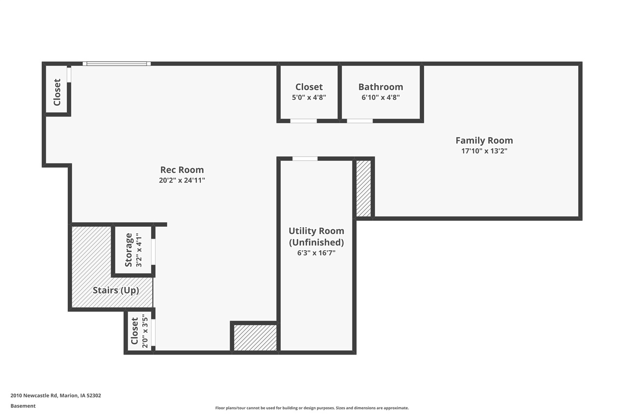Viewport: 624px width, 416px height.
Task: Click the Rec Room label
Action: (182, 170)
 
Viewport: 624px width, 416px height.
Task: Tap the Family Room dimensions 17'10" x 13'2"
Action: (484, 151)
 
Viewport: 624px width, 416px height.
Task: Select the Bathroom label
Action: (380, 87)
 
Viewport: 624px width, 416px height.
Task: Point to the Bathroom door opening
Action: (360, 120)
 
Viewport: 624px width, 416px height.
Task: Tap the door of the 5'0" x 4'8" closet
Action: (303, 120)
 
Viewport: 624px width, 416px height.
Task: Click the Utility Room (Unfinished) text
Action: (316, 237)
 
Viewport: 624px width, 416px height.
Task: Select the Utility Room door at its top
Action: (305, 158)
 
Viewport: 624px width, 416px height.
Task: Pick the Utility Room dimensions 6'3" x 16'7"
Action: (316, 253)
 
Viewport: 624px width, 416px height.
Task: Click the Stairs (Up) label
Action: (116, 290)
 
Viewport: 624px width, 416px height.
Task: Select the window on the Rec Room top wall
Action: (117, 63)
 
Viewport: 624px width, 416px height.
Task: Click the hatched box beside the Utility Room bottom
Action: (255, 337)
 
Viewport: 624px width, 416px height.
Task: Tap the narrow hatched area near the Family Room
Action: (363, 188)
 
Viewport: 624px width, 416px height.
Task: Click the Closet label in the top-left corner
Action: (57, 92)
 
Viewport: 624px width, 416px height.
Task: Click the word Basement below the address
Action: (23, 406)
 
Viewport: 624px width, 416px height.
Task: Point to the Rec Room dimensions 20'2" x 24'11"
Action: (182, 180)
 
